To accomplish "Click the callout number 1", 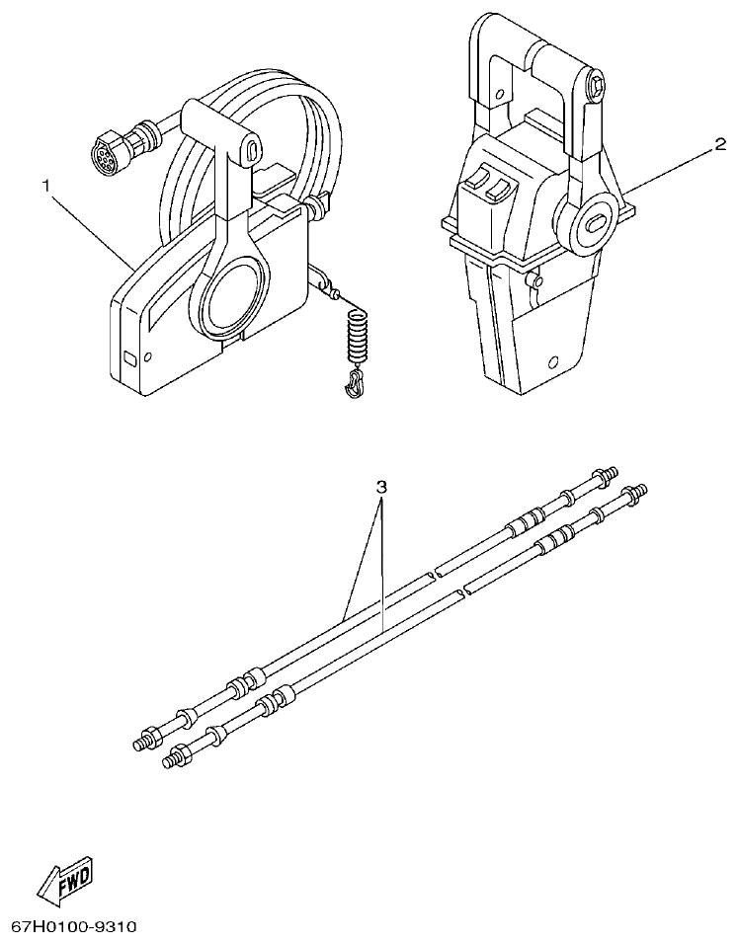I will coord(45,185).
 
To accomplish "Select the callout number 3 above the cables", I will coord(381,487).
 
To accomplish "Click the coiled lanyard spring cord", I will coord(359,336).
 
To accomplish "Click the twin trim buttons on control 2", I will coord(487,184).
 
